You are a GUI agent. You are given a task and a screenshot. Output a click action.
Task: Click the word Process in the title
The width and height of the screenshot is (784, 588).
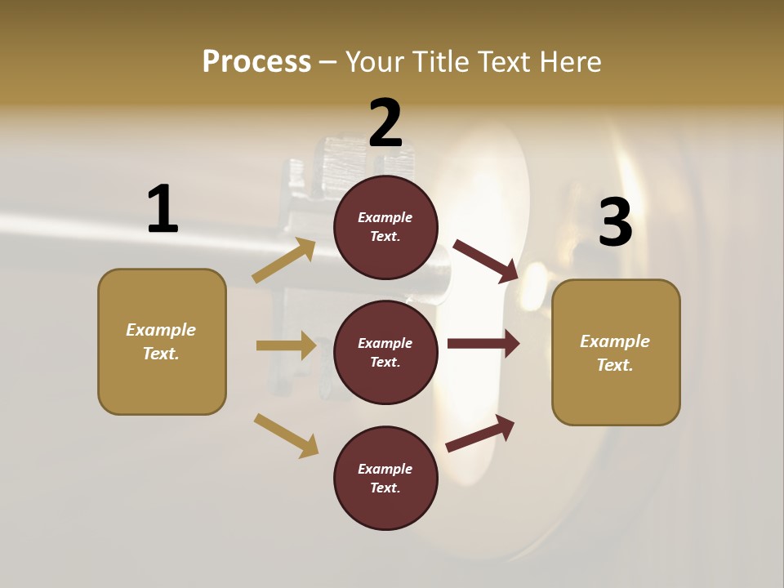256,62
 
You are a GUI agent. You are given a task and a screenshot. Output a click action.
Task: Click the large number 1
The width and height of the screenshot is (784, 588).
163,209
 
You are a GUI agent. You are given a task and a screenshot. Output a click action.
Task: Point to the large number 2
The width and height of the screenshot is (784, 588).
385,122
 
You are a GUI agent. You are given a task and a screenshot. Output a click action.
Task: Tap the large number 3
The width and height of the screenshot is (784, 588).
615,222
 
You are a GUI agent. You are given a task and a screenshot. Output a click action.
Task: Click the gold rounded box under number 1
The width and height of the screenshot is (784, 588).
162,341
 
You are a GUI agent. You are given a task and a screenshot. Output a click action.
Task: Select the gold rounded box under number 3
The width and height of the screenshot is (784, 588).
616,353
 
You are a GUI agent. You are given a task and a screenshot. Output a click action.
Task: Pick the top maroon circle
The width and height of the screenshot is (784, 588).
385,227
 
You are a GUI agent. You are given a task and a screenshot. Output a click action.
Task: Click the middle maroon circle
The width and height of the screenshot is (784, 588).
385,353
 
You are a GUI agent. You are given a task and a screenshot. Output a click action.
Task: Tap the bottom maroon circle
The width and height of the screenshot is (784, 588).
385,479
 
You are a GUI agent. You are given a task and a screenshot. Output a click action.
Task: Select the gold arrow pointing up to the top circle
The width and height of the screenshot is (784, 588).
284,260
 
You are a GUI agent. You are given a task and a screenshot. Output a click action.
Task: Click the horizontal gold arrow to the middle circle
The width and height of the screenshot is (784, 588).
286,345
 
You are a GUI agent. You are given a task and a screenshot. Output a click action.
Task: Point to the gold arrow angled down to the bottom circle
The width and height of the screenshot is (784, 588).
286,435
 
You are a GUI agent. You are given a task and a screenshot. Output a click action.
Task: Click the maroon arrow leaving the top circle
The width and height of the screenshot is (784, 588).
486,261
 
